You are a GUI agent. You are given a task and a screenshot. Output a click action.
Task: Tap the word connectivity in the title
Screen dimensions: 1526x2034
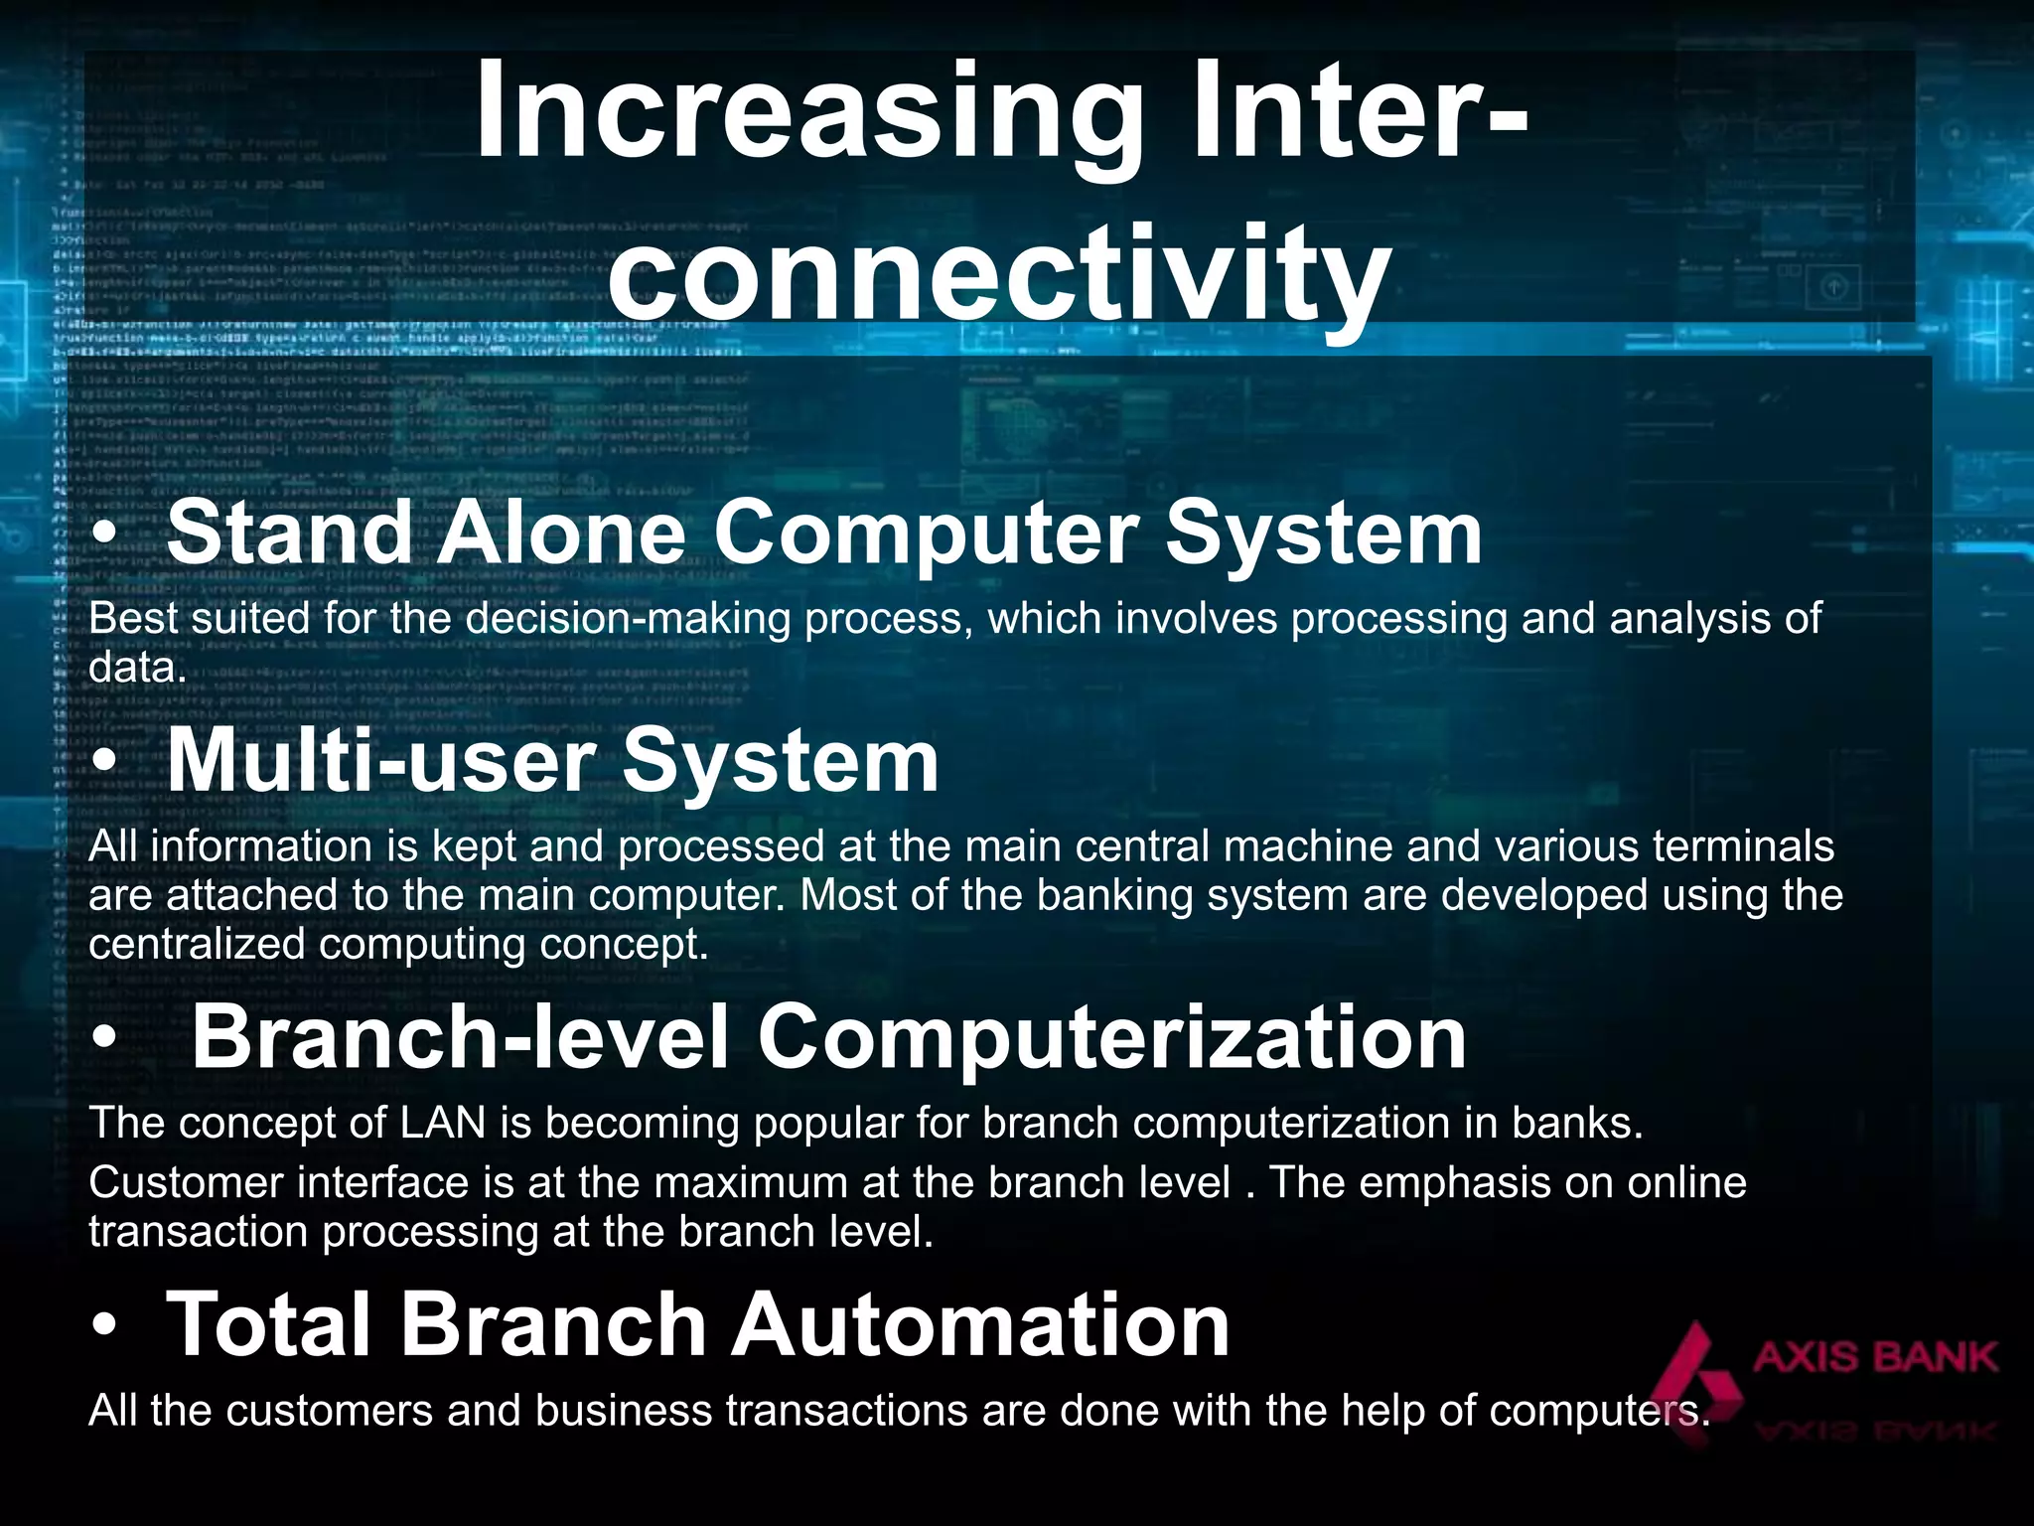click(x=997, y=273)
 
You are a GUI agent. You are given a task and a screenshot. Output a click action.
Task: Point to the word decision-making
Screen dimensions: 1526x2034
click(x=633, y=619)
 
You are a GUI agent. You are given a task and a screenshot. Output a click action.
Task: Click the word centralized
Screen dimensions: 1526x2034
click(x=197, y=944)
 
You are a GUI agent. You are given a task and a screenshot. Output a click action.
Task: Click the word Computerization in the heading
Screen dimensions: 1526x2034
click(x=1111, y=1037)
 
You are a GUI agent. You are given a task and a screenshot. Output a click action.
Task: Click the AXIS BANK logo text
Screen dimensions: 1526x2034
click(x=1874, y=1357)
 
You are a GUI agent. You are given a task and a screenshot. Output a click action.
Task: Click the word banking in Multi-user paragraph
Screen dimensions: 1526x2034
click(x=1115, y=895)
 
